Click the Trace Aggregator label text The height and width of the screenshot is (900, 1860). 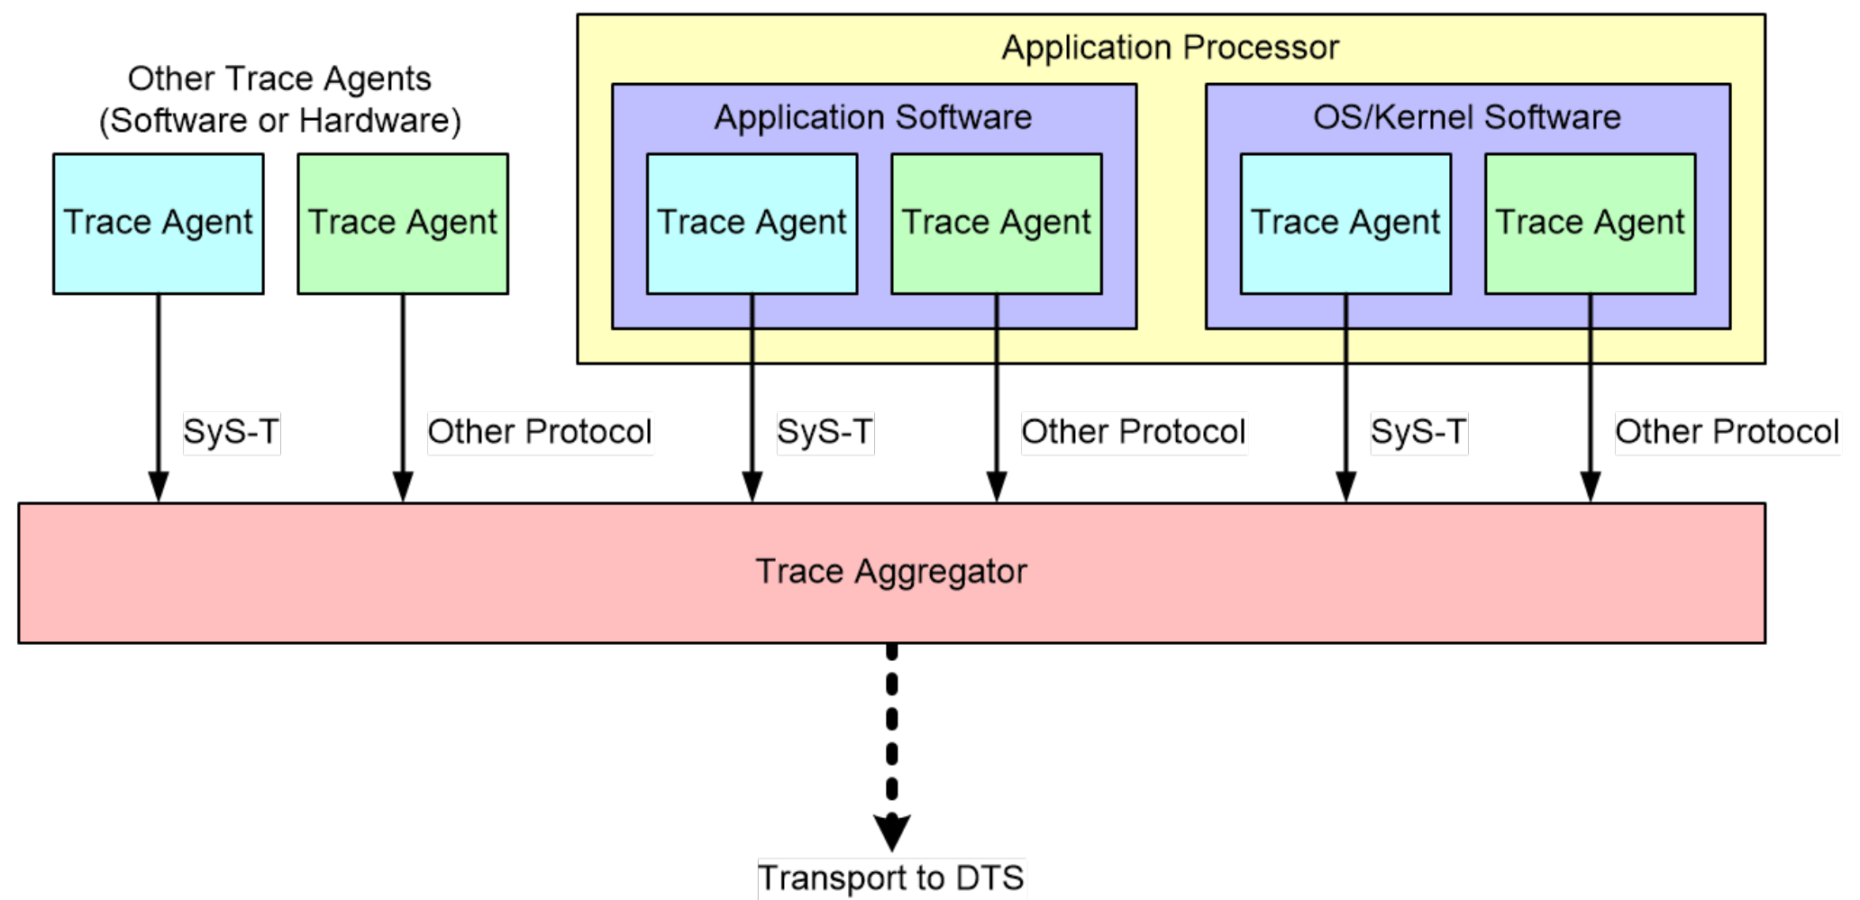click(890, 572)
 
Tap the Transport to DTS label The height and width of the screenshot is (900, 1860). click(890, 877)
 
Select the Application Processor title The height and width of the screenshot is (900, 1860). click(1170, 47)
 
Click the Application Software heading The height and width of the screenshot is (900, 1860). click(872, 117)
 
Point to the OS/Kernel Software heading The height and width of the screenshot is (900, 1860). click(1466, 117)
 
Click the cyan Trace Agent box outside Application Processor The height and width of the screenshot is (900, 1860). click(158, 223)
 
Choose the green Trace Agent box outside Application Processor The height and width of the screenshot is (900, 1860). click(402, 223)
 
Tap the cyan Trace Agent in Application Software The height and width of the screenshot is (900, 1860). click(752, 223)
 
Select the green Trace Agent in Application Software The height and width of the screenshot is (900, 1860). click(996, 223)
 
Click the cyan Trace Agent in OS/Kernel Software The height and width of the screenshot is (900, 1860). click(1345, 223)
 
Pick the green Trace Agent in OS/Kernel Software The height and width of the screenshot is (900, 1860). click(1590, 223)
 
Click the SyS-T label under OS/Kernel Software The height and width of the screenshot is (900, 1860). click(1418, 432)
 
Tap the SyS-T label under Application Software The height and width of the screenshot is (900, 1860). click(825, 432)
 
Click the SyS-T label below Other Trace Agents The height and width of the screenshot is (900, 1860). click(231, 432)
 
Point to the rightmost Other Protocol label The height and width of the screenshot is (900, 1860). click(1727, 432)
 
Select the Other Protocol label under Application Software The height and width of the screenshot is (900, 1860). click(1133, 432)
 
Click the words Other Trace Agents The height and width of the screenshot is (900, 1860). click(279, 78)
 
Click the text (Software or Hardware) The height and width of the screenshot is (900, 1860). click(279, 120)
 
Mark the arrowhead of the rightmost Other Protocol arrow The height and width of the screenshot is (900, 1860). click(1590, 486)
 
